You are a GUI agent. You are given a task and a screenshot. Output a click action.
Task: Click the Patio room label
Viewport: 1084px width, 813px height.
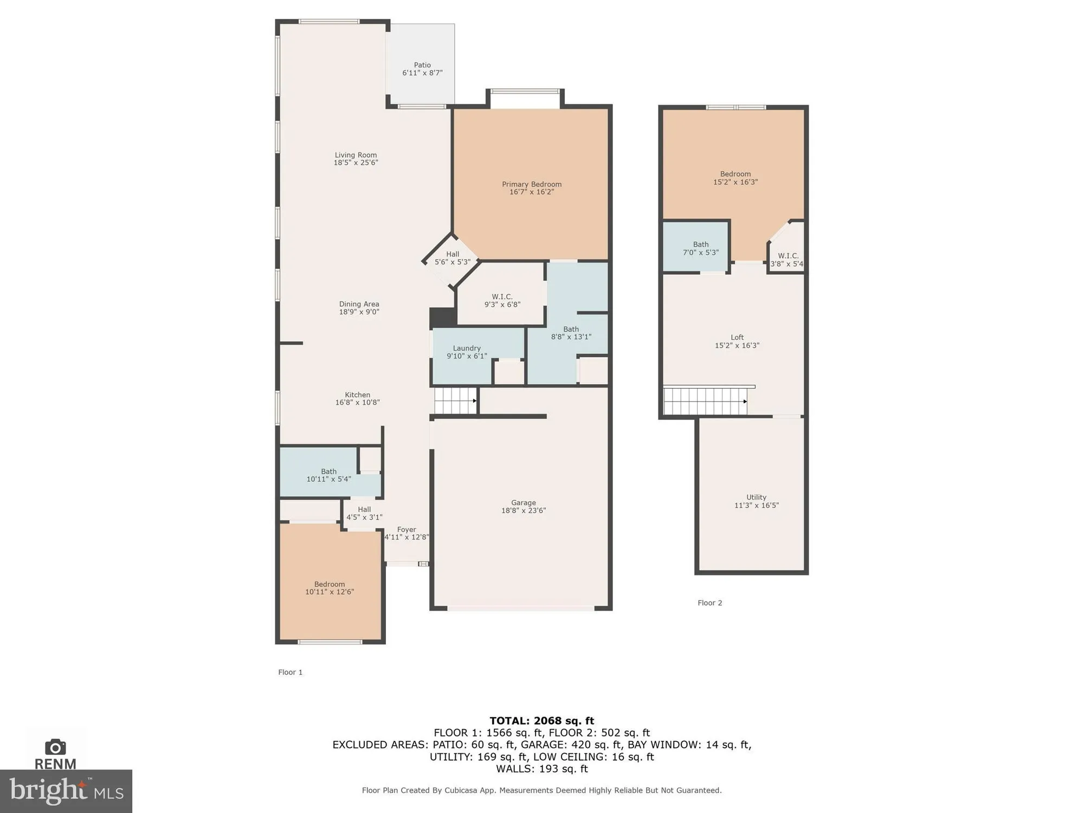click(x=422, y=65)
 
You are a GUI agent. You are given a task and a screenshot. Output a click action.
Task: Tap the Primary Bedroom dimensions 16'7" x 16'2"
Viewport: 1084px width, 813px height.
click(x=531, y=192)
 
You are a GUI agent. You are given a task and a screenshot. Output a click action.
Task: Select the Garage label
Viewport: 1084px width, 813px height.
click(x=523, y=502)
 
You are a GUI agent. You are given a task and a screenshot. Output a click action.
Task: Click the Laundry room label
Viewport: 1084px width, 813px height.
click(x=467, y=348)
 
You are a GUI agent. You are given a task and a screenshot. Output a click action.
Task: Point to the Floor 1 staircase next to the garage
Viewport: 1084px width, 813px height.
click(x=455, y=401)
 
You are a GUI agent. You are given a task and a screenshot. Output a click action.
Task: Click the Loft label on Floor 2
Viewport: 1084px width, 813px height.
click(x=737, y=337)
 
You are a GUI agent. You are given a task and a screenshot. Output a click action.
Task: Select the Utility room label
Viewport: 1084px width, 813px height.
click(x=756, y=497)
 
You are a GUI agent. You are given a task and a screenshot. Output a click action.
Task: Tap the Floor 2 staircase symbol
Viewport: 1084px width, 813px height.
click(x=705, y=401)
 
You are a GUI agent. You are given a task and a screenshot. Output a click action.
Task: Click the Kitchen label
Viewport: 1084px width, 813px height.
click(x=357, y=395)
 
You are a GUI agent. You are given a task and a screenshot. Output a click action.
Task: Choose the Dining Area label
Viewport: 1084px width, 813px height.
click(x=359, y=304)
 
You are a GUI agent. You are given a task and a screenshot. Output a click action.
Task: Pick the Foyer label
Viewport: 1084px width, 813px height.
click(x=406, y=530)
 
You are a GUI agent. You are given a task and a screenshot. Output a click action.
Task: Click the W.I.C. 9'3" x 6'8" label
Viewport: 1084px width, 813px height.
click(x=502, y=300)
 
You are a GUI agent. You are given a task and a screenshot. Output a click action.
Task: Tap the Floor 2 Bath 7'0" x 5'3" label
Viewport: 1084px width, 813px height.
click(x=700, y=248)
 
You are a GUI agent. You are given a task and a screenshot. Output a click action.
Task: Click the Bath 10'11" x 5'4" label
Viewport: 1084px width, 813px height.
click(x=328, y=475)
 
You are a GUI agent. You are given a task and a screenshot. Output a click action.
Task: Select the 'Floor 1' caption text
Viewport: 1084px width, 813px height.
click(x=290, y=672)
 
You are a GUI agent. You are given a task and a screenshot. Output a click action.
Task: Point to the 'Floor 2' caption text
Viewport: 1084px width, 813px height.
click(x=709, y=603)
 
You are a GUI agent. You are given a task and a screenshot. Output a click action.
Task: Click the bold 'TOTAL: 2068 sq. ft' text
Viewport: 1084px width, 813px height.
click(x=541, y=721)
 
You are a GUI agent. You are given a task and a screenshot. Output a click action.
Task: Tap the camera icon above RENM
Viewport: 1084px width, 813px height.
click(x=55, y=747)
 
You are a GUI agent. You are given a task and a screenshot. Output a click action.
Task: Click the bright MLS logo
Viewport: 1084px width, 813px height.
click(x=66, y=791)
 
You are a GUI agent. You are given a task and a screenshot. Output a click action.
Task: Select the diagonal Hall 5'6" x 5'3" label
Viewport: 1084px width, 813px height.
click(x=452, y=258)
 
